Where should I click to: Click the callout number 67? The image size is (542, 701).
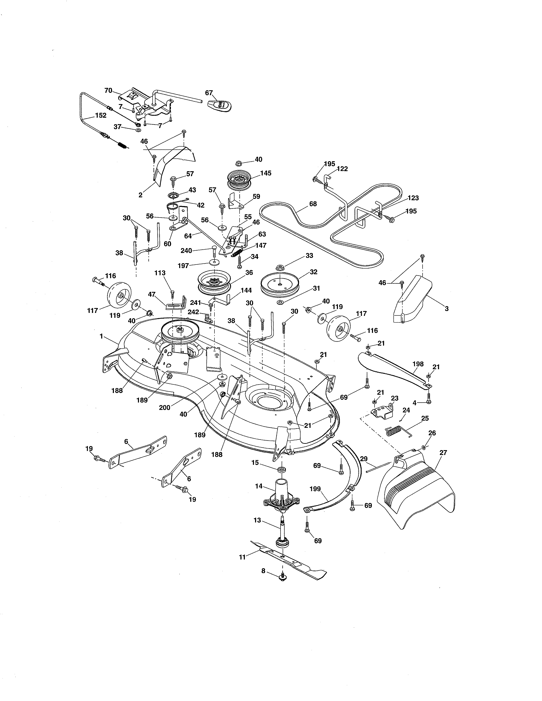pos(209,93)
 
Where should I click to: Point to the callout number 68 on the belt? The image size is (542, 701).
pos(313,204)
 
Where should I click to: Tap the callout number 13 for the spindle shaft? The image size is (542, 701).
pos(257,520)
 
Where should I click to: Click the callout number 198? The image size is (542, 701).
pos(418,364)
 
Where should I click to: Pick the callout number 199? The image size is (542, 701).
pos(315,489)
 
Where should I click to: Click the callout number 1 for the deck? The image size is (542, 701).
pos(101,336)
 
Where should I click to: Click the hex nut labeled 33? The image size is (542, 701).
pos(279,267)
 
